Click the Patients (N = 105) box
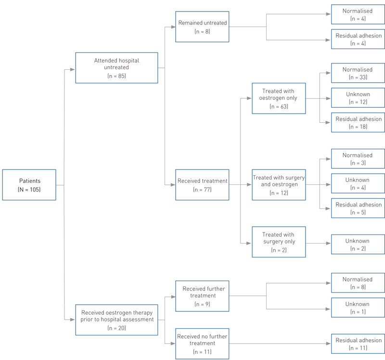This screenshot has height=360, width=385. click(x=29, y=185)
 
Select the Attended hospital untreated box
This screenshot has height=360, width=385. click(x=116, y=68)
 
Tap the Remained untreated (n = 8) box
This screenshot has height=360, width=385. click(x=202, y=27)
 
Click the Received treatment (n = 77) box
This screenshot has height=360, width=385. click(x=202, y=185)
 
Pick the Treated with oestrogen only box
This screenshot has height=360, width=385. click(x=279, y=99)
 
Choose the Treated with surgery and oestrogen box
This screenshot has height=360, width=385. click(x=279, y=185)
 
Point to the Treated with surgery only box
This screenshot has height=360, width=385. click(x=279, y=242)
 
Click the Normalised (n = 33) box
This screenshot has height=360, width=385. click(x=358, y=74)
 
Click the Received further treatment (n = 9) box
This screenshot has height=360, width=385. click(x=202, y=296)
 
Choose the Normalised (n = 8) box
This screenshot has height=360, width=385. click(x=358, y=283)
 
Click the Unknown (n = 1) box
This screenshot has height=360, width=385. click(x=358, y=308)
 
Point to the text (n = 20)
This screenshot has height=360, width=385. click(x=116, y=328)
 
